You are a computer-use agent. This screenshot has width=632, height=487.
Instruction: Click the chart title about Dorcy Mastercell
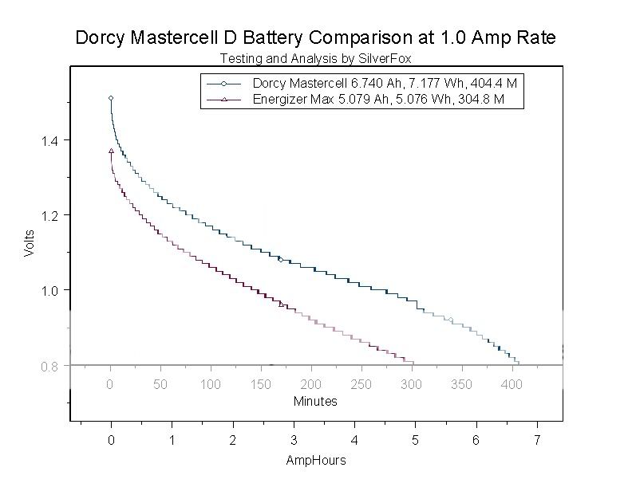pos(315,37)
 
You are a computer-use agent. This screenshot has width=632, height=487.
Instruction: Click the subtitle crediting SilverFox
pos(315,58)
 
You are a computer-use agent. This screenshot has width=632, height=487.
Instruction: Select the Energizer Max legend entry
pos(378,100)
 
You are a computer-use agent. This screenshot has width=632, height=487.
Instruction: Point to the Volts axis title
pos(30,242)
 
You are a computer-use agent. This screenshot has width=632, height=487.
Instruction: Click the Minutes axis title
pos(315,401)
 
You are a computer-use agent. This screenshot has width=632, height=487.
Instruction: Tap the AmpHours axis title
pos(315,460)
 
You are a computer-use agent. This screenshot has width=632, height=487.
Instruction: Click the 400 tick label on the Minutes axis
pos(512,385)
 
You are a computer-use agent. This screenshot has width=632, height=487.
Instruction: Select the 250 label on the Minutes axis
pos(361,385)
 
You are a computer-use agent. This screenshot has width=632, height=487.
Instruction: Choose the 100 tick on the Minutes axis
pos(211,385)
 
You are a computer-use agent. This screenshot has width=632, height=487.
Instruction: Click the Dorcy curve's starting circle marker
pos(111,98)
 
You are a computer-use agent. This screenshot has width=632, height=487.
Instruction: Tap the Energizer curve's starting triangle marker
pos(111,150)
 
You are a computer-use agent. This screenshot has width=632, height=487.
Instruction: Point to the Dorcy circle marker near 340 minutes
pos(451,320)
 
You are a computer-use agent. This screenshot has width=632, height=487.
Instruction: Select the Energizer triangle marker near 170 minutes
pos(281,304)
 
